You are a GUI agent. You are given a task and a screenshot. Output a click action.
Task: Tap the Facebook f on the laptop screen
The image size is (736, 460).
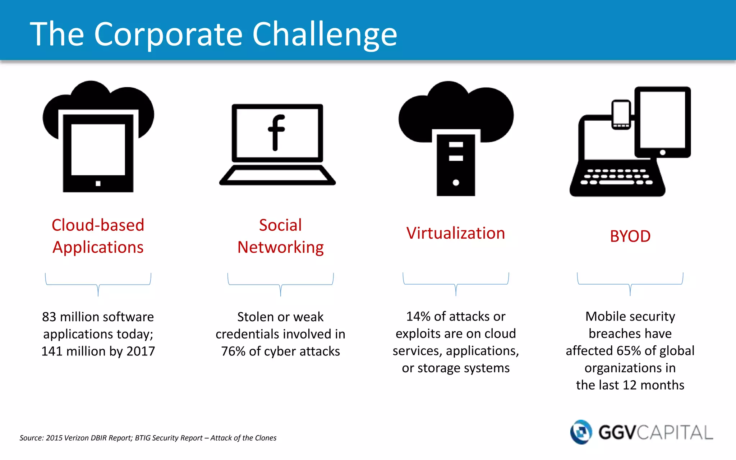(x=276, y=133)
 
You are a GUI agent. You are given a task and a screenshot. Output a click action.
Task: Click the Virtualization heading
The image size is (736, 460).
(x=456, y=233)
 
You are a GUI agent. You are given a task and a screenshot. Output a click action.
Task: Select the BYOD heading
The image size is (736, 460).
(x=630, y=236)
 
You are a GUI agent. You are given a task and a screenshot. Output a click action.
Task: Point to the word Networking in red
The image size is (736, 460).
(x=280, y=248)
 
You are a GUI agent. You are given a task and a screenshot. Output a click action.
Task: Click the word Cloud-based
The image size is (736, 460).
(x=98, y=225)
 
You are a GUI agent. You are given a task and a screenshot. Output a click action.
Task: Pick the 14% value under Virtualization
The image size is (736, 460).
(x=418, y=317)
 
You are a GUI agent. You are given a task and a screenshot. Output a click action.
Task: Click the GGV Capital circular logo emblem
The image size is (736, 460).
(x=581, y=432)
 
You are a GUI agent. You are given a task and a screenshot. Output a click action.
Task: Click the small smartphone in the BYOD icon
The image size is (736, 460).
(x=621, y=114)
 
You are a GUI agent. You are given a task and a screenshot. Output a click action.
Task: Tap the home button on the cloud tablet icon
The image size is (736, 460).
(x=98, y=184)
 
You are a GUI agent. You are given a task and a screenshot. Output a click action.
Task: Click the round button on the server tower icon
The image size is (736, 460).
(x=456, y=183)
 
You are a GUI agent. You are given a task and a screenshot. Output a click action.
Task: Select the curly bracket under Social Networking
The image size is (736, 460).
(x=280, y=285)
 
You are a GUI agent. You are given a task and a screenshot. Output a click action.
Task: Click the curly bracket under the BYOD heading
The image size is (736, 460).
(x=630, y=284)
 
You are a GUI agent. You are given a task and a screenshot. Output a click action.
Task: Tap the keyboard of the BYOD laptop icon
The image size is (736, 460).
(x=617, y=177)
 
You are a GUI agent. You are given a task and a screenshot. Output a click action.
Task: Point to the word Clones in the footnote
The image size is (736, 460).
(x=266, y=438)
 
